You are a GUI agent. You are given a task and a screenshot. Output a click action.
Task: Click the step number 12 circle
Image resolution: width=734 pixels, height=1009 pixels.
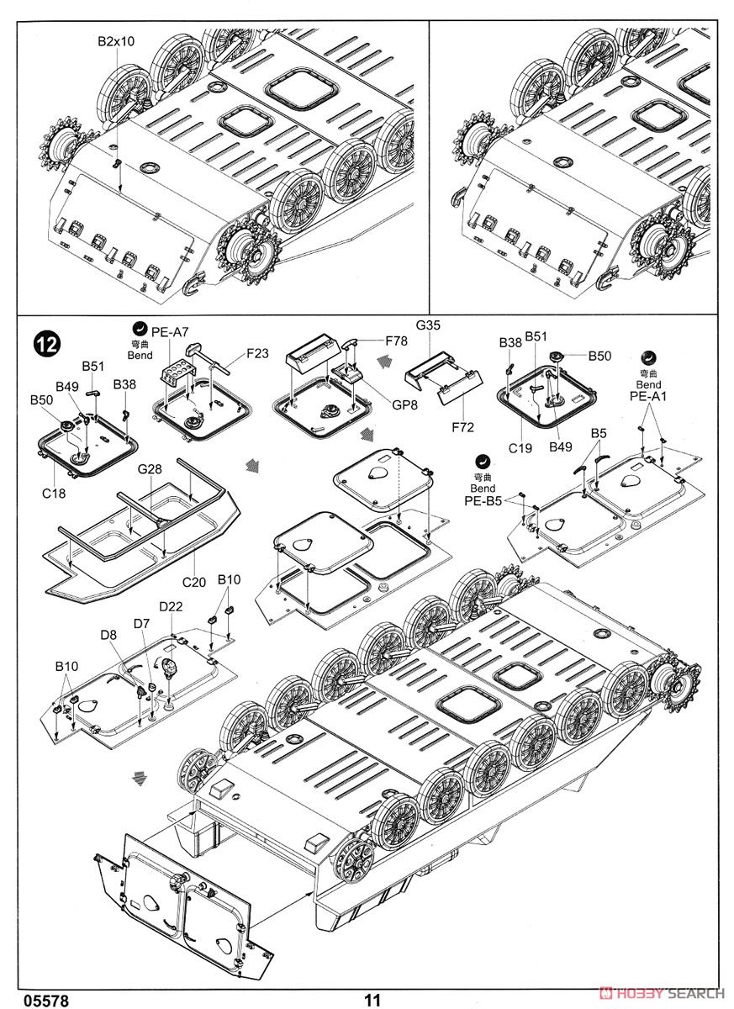[x=47, y=343]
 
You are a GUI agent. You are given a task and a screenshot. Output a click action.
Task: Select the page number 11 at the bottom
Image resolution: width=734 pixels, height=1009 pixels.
[x=373, y=1000]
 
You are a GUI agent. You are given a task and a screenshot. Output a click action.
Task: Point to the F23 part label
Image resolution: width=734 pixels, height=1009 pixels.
[x=258, y=354]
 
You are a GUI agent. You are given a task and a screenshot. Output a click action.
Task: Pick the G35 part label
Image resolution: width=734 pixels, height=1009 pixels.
[x=428, y=325]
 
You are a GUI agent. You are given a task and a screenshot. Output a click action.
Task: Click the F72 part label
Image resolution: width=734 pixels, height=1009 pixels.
[x=462, y=427]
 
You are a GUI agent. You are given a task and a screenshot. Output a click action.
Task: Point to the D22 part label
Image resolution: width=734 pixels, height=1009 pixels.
[x=172, y=606]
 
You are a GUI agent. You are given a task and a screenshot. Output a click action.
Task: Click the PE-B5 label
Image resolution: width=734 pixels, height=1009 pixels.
[x=483, y=501]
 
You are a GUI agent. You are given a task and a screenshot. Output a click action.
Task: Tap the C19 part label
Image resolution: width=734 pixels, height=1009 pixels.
[x=520, y=448]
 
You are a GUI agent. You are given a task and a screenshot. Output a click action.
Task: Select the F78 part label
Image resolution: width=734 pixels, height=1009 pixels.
[x=397, y=341]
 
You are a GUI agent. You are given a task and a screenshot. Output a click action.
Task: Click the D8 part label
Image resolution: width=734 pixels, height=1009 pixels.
[x=108, y=635]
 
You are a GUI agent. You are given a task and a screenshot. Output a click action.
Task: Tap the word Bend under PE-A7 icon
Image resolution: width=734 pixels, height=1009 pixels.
[x=140, y=356]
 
